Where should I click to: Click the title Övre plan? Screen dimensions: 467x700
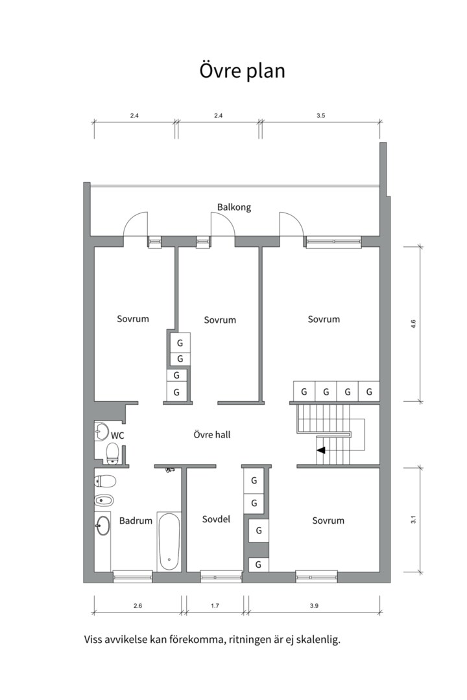pyautogui.click(x=242, y=71)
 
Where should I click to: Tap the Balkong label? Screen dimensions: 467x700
pyautogui.click(x=234, y=207)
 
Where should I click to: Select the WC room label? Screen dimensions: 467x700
pyautogui.click(x=117, y=436)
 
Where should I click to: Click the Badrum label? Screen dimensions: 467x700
pyautogui.click(x=136, y=520)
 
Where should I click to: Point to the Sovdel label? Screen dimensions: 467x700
pyautogui.click(x=216, y=519)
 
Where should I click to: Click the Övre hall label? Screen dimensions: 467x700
pyautogui.click(x=212, y=434)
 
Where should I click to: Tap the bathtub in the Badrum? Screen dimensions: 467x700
pyautogui.click(x=169, y=541)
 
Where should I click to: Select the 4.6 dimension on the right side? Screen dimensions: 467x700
pyautogui.click(x=413, y=323)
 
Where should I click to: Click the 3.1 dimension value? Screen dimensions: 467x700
pyautogui.click(x=413, y=520)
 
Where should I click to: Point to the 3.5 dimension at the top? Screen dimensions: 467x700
pyautogui.click(x=321, y=115)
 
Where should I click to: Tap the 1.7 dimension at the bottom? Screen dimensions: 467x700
pyautogui.click(x=215, y=606)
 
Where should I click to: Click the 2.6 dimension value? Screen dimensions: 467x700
pyautogui.click(x=138, y=606)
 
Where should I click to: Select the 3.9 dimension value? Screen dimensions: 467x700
pyautogui.click(x=314, y=606)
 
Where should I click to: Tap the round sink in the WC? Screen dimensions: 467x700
pyautogui.click(x=101, y=432)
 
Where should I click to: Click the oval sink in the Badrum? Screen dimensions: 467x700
pyautogui.click(x=102, y=526)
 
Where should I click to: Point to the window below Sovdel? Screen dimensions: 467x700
pyautogui.click(x=221, y=577)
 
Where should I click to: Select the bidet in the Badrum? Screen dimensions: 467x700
pyautogui.click(x=104, y=500)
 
